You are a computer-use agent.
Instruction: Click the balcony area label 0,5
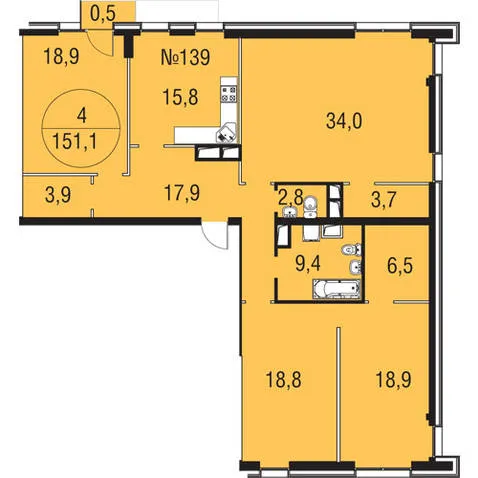pyautogui.click(x=103, y=15)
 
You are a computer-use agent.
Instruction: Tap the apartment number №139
pyautogui.click(x=185, y=57)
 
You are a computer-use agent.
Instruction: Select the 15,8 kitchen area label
pyautogui.click(x=180, y=98)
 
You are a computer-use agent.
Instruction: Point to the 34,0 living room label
pyautogui.click(x=344, y=121)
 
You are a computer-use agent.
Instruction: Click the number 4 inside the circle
pyautogui.click(x=81, y=116)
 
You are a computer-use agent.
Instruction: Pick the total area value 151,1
pyautogui.click(x=75, y=142)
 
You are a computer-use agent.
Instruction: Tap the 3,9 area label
pyautogui.click(x=58, y=195)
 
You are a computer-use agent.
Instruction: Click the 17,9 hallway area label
pyautogui.click(x=182, y=193)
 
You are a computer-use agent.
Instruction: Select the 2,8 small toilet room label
pyautogui.click(x=290, y=198)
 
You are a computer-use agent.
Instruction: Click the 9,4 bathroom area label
pyautogui.click(x=308, y=264)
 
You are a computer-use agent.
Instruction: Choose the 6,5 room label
pyautogui.click(x=400, y=266)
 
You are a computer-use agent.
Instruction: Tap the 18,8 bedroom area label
pyautogui.click(x=283, y=380)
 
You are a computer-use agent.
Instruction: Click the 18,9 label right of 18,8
pyautogui.click(x=393, y=380)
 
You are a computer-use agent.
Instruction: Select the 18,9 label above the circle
pyautogui.click(x=61, y=57)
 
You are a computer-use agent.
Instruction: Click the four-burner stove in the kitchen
pyautogui.click(x=229, y=94)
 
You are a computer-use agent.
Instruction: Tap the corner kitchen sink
pyautogui.click(x=226, y=133)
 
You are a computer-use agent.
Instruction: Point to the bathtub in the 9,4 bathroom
pyautogui.click(x=337, y=289)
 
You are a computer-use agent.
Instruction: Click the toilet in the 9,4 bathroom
pyautogui.click(x=352, y=249)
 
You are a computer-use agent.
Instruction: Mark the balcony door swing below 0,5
pyautogui.click(x=99, y=43)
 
